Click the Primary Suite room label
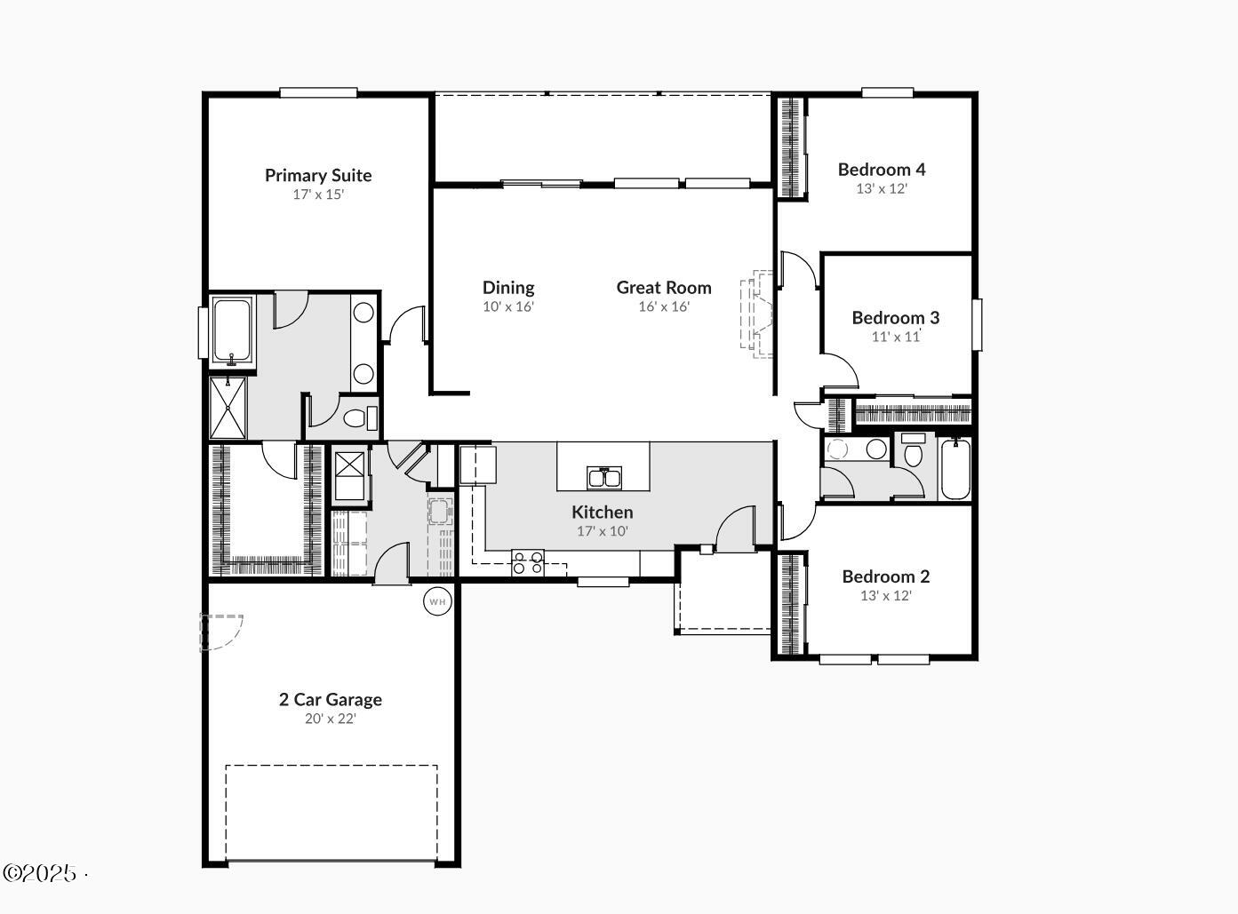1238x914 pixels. pos(318,175)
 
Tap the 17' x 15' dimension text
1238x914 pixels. pos(318,195)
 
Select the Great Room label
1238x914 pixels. pos(664,287)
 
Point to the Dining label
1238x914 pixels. pos(508,287)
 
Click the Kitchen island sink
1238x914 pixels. pos(604,478)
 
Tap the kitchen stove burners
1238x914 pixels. pos(528,563)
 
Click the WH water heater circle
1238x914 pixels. pos(437,601)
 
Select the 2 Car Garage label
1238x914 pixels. pos(331,699)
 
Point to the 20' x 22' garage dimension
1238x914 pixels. pos(331,719)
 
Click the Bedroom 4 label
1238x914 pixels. pos(882,169)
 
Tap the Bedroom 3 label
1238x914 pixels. pos(895,317)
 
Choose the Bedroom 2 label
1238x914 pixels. pos(886,576)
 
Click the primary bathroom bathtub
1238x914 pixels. pos(232,331)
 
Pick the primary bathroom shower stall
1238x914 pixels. pos(228,408)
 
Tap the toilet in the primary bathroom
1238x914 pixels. pos(357,417)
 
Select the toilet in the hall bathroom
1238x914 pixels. pos(914,452)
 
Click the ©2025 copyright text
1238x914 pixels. pos(41,873)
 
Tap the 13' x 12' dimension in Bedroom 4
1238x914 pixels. pos(882,188)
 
